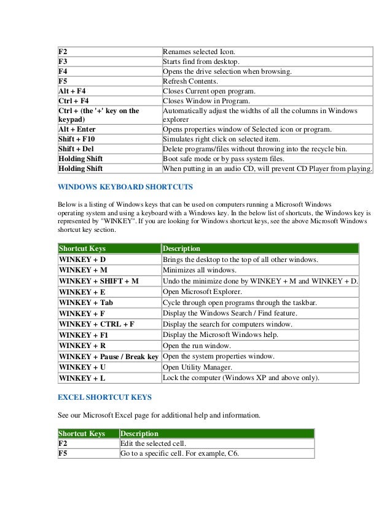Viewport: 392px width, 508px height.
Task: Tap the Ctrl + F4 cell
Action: click(x=74, y=101)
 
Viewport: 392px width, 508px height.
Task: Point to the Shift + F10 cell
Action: click(x=77, y=139)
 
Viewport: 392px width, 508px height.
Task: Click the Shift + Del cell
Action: click(x=76, y=149)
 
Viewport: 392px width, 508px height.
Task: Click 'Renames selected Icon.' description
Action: click(x=203, y=52)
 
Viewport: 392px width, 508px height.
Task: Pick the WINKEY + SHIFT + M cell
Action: click(x=98, y=281)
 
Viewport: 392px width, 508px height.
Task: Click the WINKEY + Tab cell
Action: click(x=86, y=303)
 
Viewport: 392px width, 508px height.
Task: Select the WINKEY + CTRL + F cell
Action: click(x=96, y=324)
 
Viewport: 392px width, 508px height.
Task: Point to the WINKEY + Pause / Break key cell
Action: click(x=108, y=357)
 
